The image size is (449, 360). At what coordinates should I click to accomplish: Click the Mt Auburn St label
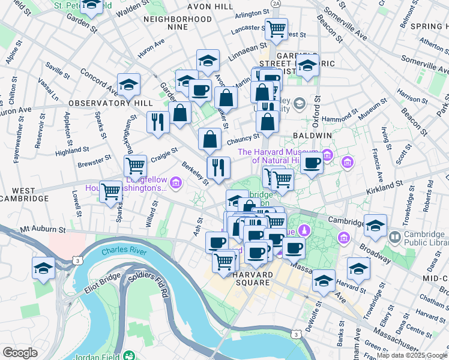(x=41, y=229)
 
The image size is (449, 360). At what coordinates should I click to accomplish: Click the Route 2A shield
(x=276, y=4)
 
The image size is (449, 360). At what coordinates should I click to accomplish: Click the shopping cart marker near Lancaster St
(x=276, y=28)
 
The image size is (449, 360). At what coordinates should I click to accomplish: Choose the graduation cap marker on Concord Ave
(x=128, y=85)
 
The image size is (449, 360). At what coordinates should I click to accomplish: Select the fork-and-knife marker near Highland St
(x=158, y=121)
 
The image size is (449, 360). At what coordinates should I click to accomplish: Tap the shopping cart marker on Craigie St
(x=135, y=165)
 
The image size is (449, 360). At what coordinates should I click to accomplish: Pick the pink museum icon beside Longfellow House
(x=175, y=182)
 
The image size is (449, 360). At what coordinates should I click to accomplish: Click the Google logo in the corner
(x=20, y=353)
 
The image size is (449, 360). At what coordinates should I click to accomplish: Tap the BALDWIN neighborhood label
(x=312, y=136)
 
